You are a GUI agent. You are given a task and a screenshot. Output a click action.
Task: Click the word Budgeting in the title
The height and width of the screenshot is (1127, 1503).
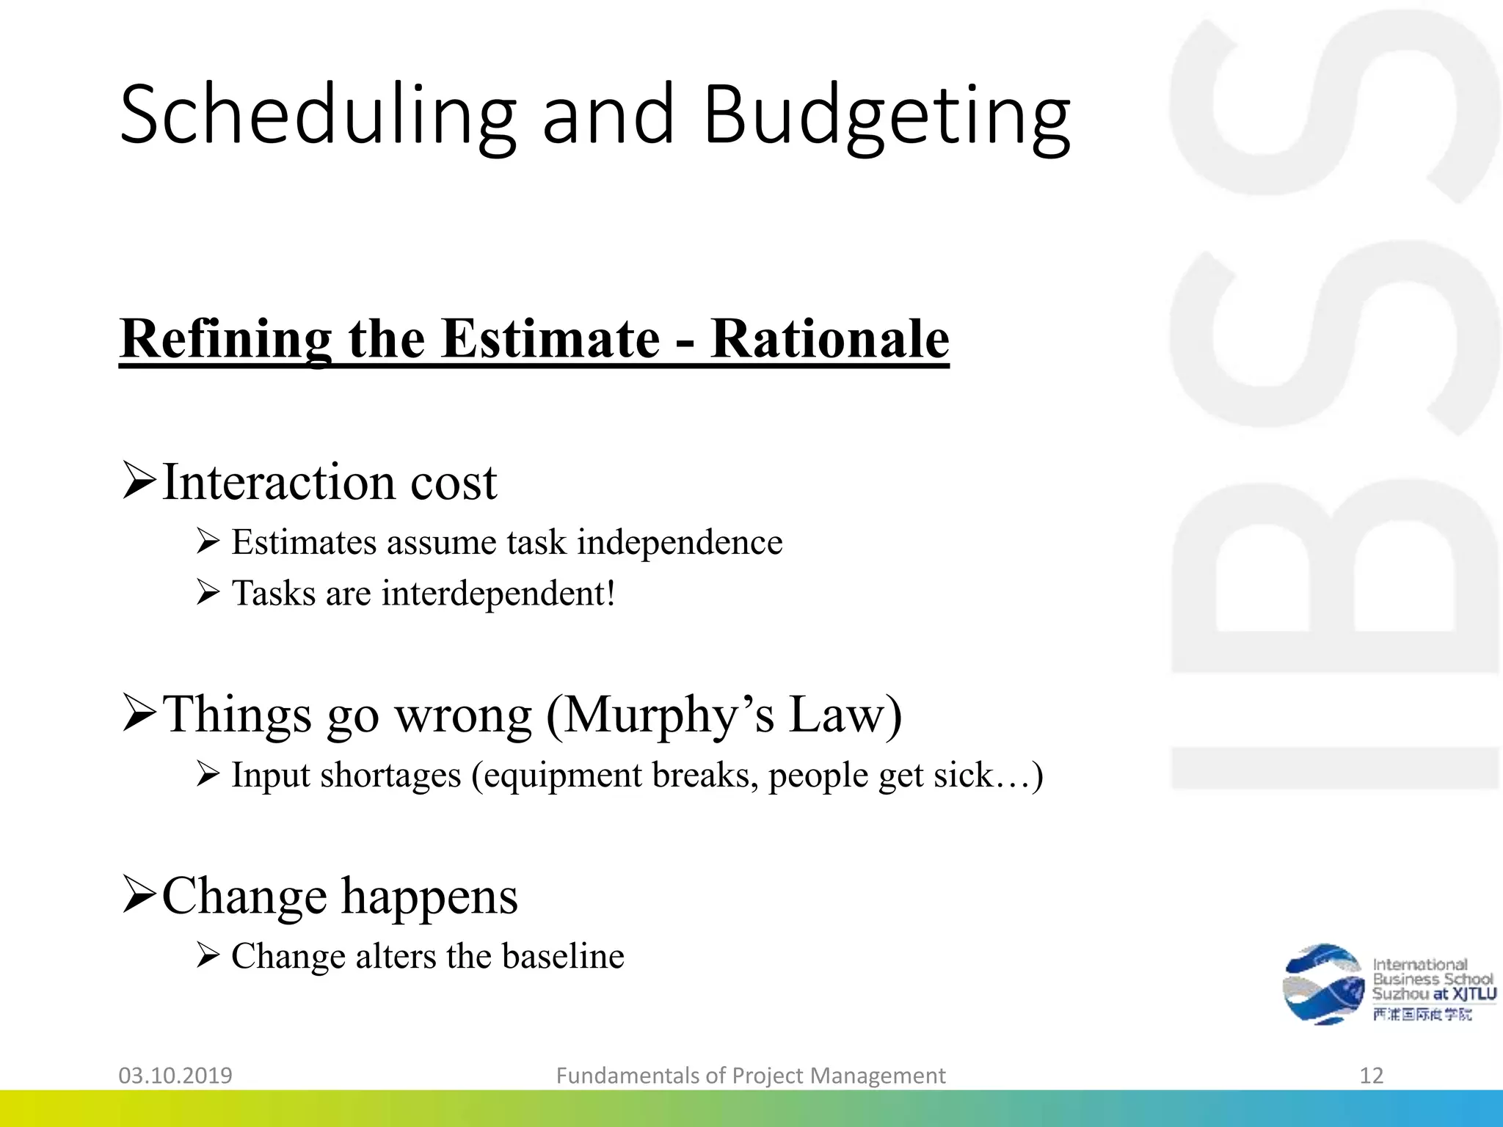tap(886, 116)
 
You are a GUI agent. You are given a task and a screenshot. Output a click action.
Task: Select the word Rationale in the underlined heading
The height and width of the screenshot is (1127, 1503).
tap(829, 339)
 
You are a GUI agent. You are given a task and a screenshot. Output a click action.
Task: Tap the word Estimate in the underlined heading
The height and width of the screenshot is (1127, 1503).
tap(550, 339)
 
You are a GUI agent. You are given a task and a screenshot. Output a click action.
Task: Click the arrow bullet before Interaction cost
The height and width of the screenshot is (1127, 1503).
tap(139, 481)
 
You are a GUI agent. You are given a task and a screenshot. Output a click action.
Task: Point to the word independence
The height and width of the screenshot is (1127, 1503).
tap(680, 543)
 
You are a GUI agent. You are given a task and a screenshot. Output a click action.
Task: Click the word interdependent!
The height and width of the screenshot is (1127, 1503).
tap(498, 594)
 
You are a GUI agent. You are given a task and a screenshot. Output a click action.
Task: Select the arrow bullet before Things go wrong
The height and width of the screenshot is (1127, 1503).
tap(139, 713)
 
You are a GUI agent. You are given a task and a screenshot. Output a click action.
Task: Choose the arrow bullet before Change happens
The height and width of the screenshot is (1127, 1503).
tap(139, 894)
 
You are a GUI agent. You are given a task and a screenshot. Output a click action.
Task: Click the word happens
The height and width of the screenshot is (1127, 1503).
tap(429, 896)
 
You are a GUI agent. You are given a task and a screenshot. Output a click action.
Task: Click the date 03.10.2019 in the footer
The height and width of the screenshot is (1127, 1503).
tap(175, 1076)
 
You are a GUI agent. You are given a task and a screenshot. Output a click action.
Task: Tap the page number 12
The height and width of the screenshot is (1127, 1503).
tap(1371, 1076)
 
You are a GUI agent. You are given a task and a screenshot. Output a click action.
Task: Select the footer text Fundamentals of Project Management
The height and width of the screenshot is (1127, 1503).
tap(750, 1076)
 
